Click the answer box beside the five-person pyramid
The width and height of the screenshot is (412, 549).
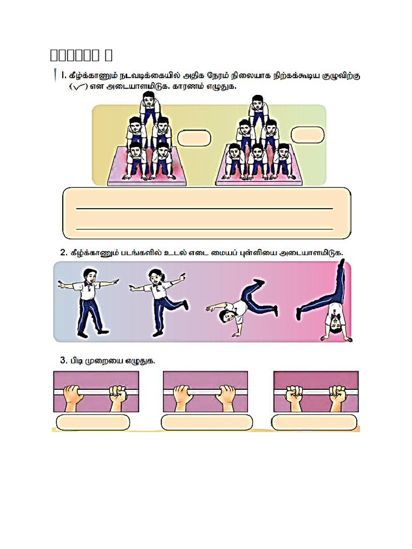pos(194,138)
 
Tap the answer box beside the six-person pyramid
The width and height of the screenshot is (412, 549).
pos(308,136)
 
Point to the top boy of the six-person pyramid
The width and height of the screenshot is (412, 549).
pos(257,110)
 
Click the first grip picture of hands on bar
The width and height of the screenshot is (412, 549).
pos(96,392)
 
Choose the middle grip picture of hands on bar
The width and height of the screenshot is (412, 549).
pos(205,392)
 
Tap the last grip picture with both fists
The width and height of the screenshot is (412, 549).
pos(315,392)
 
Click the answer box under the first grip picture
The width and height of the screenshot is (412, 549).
pos(93,422)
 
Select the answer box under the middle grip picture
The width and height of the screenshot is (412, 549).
pos(207,422)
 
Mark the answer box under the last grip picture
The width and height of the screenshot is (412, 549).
pos(314,422)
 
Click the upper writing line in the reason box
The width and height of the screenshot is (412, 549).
pos(204,208)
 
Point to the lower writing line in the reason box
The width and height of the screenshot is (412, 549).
pos(204,228)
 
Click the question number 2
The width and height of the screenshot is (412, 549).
pos(63,252)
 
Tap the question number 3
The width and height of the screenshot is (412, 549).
pos(63,360)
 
